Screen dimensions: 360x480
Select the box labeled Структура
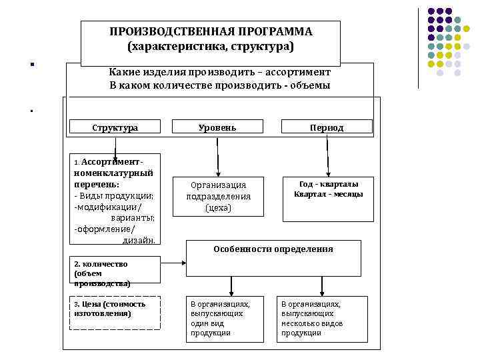pos(115,127)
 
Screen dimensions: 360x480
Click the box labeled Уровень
pos(217,127)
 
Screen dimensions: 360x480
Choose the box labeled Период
pos(327,127)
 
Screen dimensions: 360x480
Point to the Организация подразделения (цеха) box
pos(218,197)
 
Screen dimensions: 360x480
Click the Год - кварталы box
pos(328,197)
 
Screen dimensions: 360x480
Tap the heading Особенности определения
pos(273,249)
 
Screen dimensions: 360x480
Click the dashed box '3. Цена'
pos(115,312)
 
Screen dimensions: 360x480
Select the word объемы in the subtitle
pos(313,85)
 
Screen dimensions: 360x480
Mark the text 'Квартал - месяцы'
pos(328,194)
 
